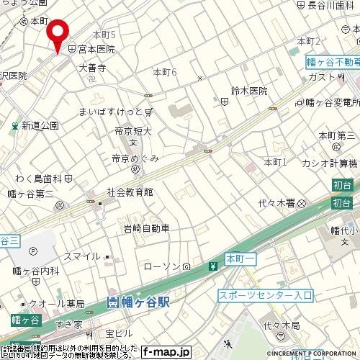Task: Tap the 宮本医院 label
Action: click(x=96, y=50)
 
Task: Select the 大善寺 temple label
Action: click(x=92, y=68)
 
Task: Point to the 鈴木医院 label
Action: click(x=248, y=91)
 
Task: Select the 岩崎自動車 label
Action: click(x=146, y=228)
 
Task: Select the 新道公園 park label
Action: click(x=40, y=125)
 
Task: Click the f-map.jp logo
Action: click(x=166, y=352)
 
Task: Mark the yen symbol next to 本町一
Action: click(x=213, y=266)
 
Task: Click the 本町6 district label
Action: click(x=165, y=73)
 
